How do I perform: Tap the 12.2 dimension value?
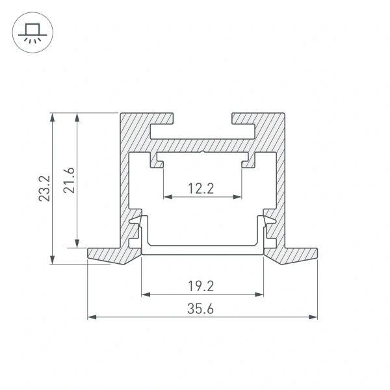click(x=201, y=188)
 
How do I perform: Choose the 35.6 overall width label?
click(x=202, y=309)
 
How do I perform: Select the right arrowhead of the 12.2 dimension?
click(x=239, y=196)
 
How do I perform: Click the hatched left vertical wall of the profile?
click(x=124, y=182)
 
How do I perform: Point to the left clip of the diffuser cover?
click(x=138, y=227)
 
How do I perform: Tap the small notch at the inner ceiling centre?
click(x=203, y=154)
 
